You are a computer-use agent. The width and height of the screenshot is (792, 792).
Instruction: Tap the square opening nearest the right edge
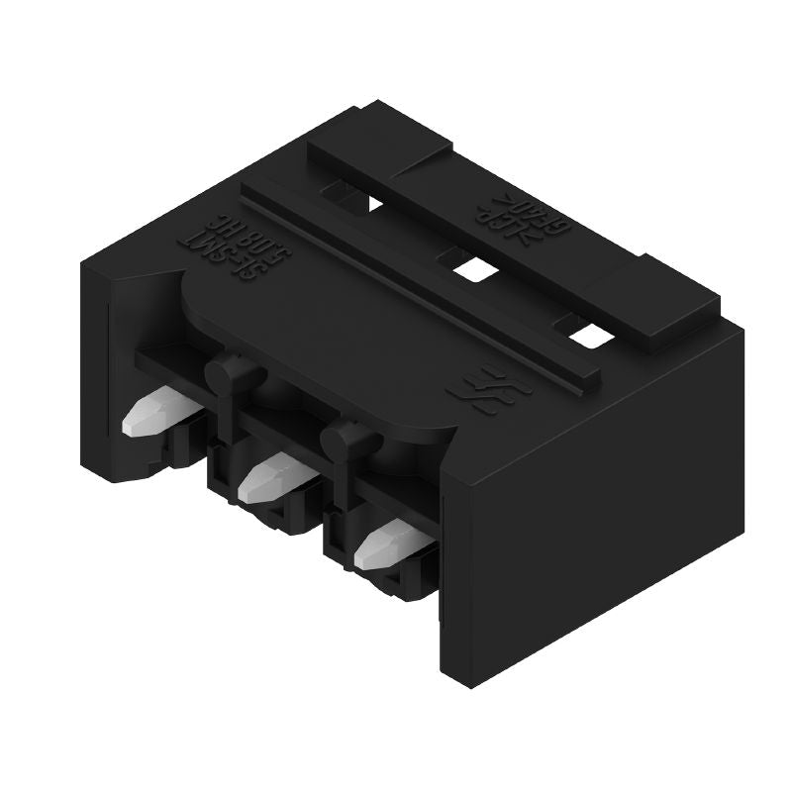(590, 335)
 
